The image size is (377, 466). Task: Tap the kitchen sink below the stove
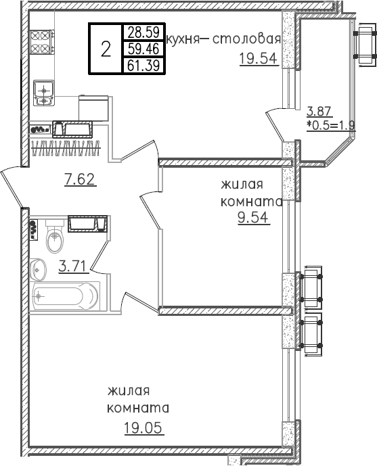coord(44,93)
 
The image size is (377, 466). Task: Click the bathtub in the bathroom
coord(66,297)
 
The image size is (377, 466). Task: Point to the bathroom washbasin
coord(38,270)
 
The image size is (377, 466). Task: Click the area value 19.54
coord(259,59)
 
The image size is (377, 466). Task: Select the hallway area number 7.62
coord(81,179)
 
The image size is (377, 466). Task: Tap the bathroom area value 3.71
coord(73,266)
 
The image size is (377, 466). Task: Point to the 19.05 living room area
coord(143,428)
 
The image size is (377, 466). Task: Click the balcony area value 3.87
coord(319,112)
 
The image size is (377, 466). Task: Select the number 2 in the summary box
coord(106,49)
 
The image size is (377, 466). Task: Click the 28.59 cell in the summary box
coord(143,32)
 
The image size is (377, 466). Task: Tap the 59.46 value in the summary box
coord(143,49)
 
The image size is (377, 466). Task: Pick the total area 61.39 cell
coord(143,65)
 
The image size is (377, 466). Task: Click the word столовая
coord(246,39)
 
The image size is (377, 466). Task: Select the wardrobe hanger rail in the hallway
coord(66,147)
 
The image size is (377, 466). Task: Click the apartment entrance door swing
coord(12,188)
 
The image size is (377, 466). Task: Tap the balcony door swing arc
coord(274,125)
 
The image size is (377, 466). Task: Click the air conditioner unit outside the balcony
coord(365,45)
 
